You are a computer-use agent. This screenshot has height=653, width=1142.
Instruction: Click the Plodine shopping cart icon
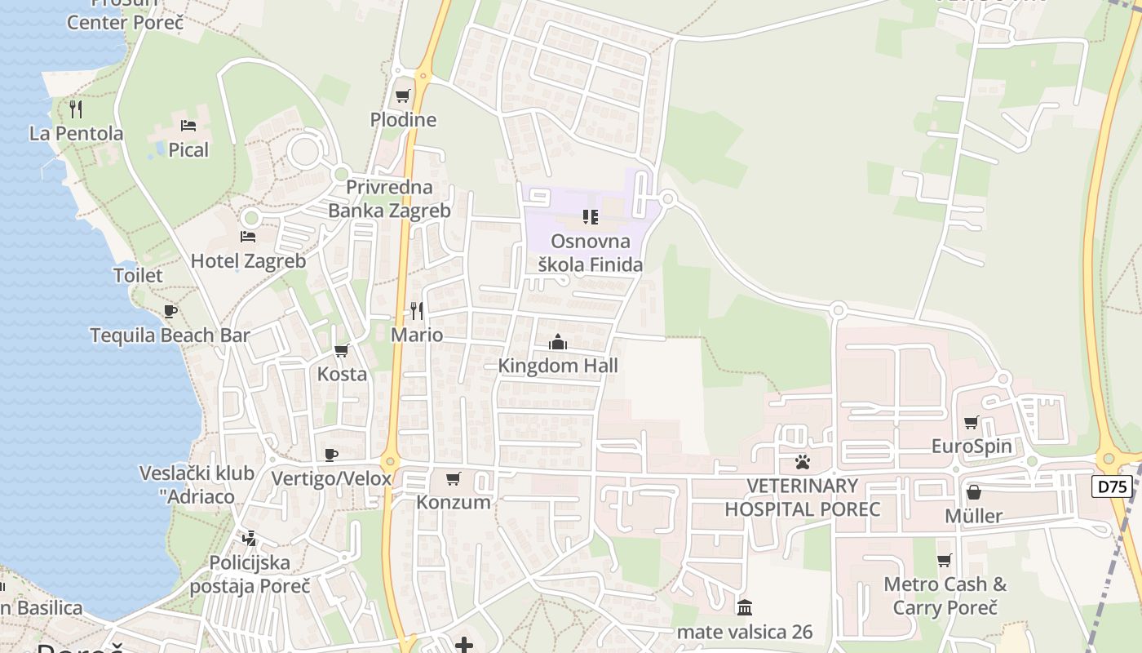[x=403, y=96]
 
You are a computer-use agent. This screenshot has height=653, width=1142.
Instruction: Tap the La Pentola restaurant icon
[x=76, y=109]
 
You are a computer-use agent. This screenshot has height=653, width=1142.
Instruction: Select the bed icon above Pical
[x=188, y=126]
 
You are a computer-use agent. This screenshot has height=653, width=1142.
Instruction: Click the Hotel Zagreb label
[x=248, y=261]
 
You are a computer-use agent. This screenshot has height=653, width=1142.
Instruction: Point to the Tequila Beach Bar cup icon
[x=170, y=311]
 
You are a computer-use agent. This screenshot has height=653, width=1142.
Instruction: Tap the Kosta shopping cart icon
[x=342, y=350]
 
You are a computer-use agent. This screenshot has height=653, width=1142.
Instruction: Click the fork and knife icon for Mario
[x=417, y=311]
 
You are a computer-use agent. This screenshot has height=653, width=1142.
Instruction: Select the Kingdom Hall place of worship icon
[x=558, y=342]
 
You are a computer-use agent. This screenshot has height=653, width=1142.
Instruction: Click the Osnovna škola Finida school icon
[x=590, y=217]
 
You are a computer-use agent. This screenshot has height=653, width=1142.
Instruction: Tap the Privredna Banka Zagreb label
[x=389, y=199]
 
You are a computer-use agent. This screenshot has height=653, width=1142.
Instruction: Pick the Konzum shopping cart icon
[x=454, y=478]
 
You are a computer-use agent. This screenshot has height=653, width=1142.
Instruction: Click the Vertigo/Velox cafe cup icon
[x=331, y=455]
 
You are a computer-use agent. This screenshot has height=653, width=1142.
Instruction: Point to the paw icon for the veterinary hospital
[x=803, y=462]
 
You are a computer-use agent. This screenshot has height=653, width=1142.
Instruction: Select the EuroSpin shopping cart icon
[x=972, y=422]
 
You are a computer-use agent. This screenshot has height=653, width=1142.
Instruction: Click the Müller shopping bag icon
[x=973, y=492]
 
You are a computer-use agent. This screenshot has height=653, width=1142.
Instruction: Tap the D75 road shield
[x=1111, y=487]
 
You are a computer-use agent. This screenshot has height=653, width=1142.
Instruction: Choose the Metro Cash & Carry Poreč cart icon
[x=945, y=560]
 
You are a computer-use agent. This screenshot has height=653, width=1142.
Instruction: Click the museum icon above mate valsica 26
[x=745, y=607]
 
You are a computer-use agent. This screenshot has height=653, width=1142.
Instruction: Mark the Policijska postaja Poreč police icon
[x=250, y=539]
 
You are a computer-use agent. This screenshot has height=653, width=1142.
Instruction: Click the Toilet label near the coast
[x=138, y=276]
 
